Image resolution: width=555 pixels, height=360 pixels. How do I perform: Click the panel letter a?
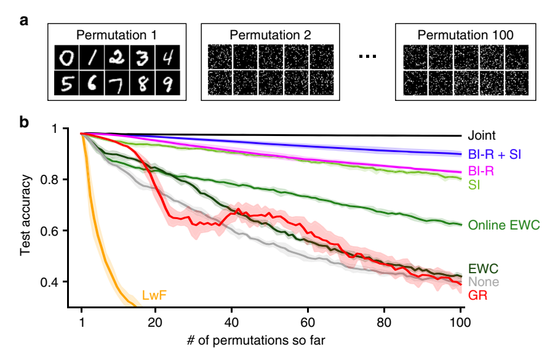(24, 22)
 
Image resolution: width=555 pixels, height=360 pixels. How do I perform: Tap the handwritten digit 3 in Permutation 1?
(143, 57)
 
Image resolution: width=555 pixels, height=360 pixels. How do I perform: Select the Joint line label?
(481, 136)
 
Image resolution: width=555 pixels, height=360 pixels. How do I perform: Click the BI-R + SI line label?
(495, 154)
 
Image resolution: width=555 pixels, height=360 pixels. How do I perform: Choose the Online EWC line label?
(504, 225)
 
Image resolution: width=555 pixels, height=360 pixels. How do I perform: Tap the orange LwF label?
(153, 295)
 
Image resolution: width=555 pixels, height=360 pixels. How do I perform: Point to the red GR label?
(477, 296)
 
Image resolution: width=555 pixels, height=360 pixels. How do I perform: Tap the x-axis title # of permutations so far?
(271, 341)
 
